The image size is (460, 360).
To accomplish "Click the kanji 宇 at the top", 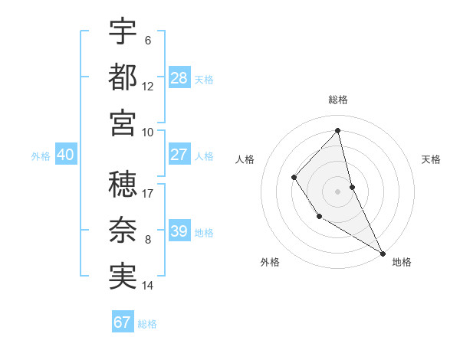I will [x=123, y=32].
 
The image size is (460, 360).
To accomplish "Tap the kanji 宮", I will [x=123, y=123].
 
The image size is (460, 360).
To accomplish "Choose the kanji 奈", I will [x=123, y=231].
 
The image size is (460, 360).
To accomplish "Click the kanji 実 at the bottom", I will [x=123, y=277].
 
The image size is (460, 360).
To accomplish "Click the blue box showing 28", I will [x=179, y=78].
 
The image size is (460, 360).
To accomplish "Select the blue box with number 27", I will [x=179, y=155].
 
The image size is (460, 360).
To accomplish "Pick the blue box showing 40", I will [x=66, y=155].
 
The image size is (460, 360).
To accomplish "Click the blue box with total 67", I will [x=123, y=322].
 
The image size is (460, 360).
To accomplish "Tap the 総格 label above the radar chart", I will [x=338, y=100].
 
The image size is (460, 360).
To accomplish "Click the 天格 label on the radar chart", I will [x=431, y=159].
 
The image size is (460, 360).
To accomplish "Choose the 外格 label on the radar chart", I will [x=270, y=263].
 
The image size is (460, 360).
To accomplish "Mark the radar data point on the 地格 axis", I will [x=383, y=253].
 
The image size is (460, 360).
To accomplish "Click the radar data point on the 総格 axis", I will [x=338, y=130].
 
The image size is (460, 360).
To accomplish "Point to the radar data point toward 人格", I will [x=294, y=178].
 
